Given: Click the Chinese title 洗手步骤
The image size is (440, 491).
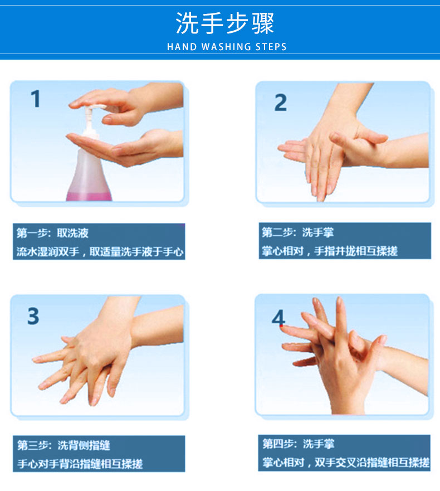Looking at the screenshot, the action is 225,23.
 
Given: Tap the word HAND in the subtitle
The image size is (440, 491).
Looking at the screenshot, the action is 182,47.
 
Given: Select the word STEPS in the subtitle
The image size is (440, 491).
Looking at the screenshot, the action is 271,47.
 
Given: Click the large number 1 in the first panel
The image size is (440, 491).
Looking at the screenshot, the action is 36,99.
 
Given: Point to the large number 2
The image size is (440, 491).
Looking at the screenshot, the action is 280,103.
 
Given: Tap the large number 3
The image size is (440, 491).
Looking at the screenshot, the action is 33,316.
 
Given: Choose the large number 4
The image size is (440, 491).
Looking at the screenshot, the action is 278,318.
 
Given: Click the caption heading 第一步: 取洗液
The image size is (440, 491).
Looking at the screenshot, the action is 52,233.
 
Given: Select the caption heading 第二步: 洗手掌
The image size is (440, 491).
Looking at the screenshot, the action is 298,232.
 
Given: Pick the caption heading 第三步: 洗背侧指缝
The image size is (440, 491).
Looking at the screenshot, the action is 63,445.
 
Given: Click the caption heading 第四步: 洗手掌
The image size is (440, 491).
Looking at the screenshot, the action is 298,444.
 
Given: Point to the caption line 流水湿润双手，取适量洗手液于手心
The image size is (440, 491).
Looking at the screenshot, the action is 100,251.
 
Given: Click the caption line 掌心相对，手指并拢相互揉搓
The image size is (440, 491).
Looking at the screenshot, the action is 330,251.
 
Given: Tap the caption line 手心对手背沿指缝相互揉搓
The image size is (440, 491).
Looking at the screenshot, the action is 80,464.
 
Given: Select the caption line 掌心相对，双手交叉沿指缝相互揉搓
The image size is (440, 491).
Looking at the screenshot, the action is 346,463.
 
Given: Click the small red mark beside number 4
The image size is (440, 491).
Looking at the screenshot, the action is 281,326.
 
